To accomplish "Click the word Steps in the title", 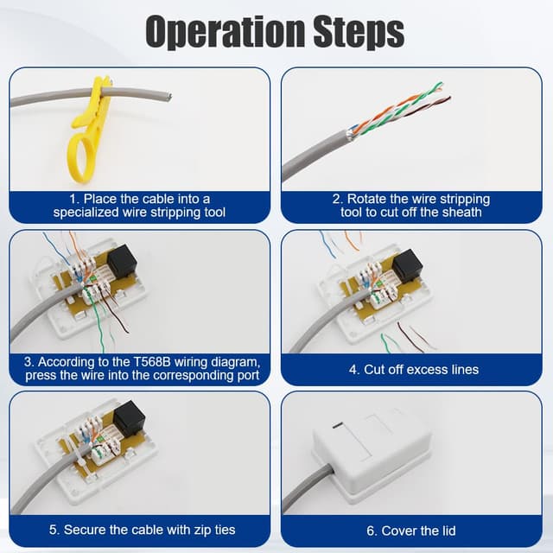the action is [359, 32].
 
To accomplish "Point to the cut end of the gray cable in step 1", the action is [168, 97].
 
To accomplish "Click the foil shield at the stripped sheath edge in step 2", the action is [350, 134].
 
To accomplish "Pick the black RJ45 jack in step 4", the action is [407, 266].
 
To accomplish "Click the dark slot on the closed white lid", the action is [338, 426].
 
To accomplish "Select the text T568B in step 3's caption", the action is [152, 362].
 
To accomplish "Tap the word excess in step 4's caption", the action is [429, 370].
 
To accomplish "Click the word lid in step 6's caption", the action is [447, 531].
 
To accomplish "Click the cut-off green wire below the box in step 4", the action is [388, 343].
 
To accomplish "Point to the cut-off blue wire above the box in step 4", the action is [327, 245].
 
